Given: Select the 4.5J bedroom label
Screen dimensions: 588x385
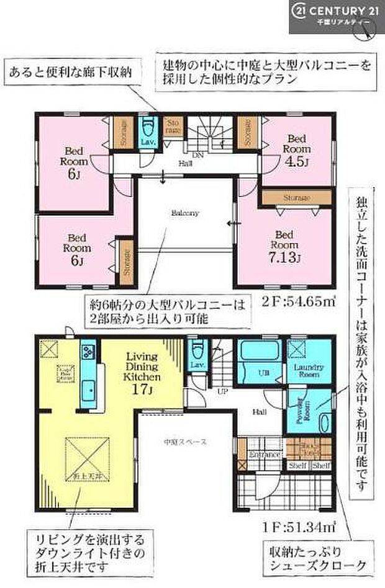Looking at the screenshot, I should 296,149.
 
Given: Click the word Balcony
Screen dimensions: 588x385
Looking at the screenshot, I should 185,213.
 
